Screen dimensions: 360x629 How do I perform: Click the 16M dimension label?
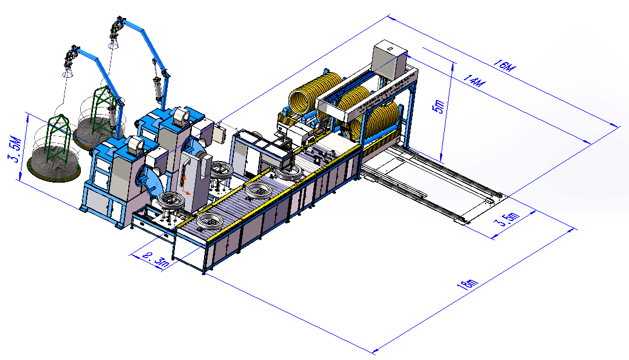(503, 65)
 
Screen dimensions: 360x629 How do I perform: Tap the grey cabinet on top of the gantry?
(388, 60)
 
